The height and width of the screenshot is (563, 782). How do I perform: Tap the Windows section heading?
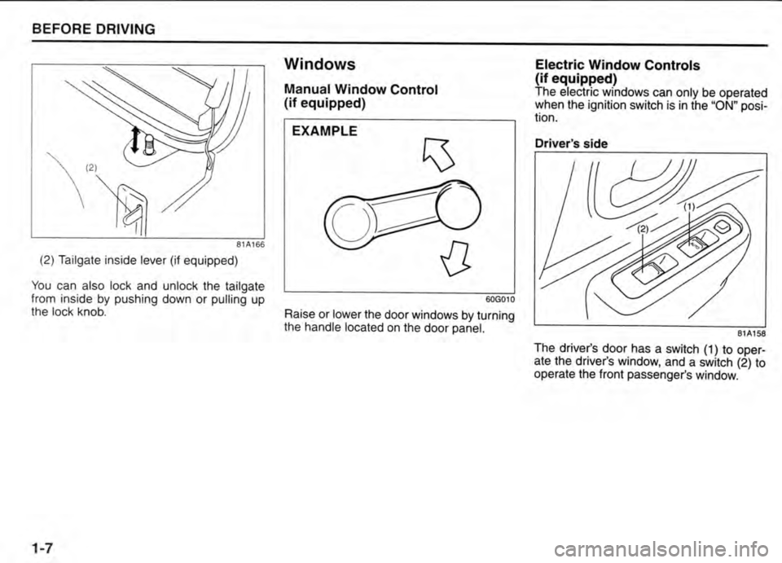[x=319, y=64]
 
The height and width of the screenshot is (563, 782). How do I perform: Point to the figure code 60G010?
[x=500, y=299]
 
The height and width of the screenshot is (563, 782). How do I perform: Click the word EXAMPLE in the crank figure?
[x=324, y=131]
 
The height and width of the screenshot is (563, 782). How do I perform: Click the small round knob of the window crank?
[x=458, y=204]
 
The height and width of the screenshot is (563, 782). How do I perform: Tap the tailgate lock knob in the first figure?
[x=148, y=147]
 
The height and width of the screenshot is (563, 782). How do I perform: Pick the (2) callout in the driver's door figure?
[x=644, y=230]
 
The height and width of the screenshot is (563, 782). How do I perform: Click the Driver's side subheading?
[x=570, y=143]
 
